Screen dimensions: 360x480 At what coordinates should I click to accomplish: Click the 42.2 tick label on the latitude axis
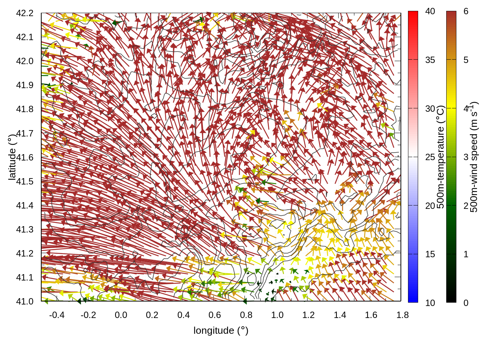(25, 13)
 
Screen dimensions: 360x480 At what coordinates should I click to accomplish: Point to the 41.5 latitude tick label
(25, 181)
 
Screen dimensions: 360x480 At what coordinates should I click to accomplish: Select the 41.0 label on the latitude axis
(25, 301)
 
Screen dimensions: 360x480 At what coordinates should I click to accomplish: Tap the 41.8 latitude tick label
(25, 109)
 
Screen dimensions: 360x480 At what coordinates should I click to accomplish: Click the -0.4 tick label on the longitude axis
(57, 315)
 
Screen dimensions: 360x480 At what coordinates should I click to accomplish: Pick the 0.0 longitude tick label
(121, 315)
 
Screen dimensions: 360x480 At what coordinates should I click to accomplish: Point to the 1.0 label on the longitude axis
(277, 315)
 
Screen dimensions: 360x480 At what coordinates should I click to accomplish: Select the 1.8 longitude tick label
(402, 315)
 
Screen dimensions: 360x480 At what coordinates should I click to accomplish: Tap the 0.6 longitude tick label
(215, 315)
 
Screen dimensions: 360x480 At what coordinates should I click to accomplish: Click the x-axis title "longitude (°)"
(221, 330)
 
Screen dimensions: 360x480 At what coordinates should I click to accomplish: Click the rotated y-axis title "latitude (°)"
(12, 157)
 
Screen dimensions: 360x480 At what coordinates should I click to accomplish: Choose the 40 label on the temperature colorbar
(430, 12)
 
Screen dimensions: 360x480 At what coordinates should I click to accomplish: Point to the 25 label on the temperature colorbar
(430, 157)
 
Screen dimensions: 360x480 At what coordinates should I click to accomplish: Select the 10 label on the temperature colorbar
(430, 303)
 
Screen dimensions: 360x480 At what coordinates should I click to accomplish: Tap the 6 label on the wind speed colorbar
(466, 12)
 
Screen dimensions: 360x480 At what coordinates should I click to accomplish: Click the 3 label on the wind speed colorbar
(466, 157)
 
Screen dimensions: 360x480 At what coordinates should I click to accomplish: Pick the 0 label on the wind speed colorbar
(466, 303)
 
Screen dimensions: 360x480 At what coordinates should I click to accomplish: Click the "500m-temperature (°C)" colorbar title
(441, 157)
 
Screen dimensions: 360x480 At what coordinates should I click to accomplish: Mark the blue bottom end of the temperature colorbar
(413, 298)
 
